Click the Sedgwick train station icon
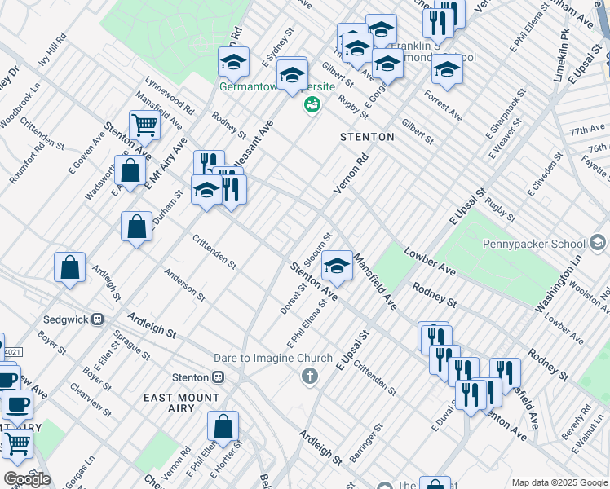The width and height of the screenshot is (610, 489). (x=97, y=319)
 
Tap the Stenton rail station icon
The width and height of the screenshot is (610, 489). (x=218, y=377)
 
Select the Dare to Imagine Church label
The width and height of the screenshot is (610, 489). (x=275, y=358)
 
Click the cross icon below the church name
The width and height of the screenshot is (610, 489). (x=308, y=376)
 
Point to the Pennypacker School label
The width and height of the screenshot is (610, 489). (x=539, y=243)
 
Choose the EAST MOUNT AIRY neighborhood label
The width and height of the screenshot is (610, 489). (x=181, y=398)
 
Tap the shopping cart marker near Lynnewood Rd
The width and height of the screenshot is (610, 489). (x=144, y=126)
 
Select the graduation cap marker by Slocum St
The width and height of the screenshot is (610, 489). (x=337, y=265)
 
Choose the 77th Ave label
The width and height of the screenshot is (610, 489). (x=586, y=130)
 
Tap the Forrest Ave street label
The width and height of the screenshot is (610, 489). (x=443, y=106)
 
